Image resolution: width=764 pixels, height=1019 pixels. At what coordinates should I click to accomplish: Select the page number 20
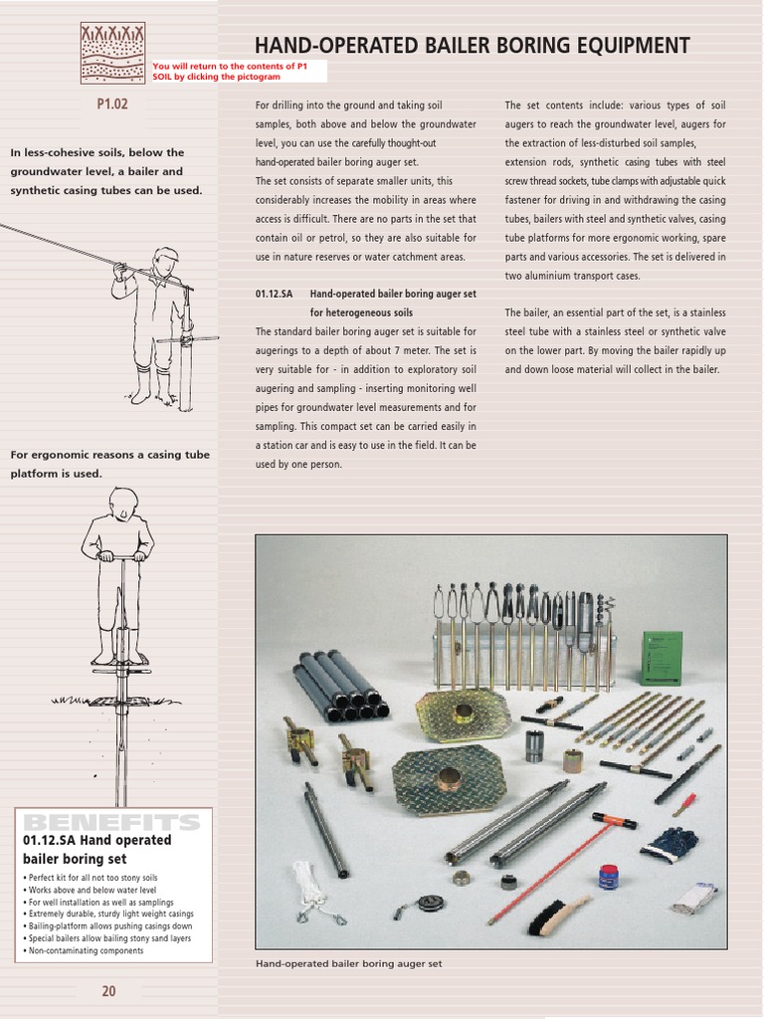click(x=108, y=990)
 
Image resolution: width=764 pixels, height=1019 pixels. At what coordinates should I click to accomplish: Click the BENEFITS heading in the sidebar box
click(x=110, y=822)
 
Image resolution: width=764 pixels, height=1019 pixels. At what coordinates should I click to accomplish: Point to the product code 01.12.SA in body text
click(x=275, y=294)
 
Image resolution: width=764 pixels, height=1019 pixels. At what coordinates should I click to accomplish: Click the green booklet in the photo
click(x=661, y=658)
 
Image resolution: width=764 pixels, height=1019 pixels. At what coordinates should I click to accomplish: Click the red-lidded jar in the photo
click(x=608, y=876)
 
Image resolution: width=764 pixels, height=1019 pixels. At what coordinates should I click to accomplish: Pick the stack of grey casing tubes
click(x=340, y=685)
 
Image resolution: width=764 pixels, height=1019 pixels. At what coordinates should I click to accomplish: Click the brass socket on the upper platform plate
click(x=464, y=713)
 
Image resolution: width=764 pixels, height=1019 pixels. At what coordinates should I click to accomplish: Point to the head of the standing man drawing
click(x=123, y=503)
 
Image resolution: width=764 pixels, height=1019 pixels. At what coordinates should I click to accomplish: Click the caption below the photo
click(x=348, y=963)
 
